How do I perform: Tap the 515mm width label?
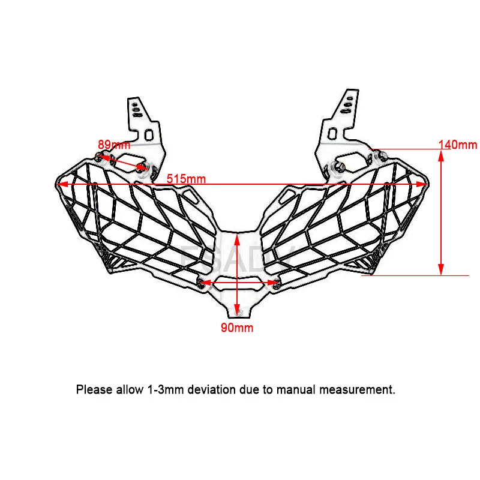click(186, 179)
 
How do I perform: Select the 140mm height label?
click(457, 145)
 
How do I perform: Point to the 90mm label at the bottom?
click(238, 328)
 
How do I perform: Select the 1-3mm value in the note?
click(161, 389)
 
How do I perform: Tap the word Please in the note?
click(94, 389)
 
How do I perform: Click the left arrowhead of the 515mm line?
click(58, 184)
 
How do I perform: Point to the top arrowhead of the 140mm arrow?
click(441, 154)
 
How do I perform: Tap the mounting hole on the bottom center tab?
click(238, 311)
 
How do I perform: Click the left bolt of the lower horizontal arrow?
click(200, 281)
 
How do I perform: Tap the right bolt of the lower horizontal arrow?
click(275, 282)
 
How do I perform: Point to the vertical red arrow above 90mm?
click(238, 270)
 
